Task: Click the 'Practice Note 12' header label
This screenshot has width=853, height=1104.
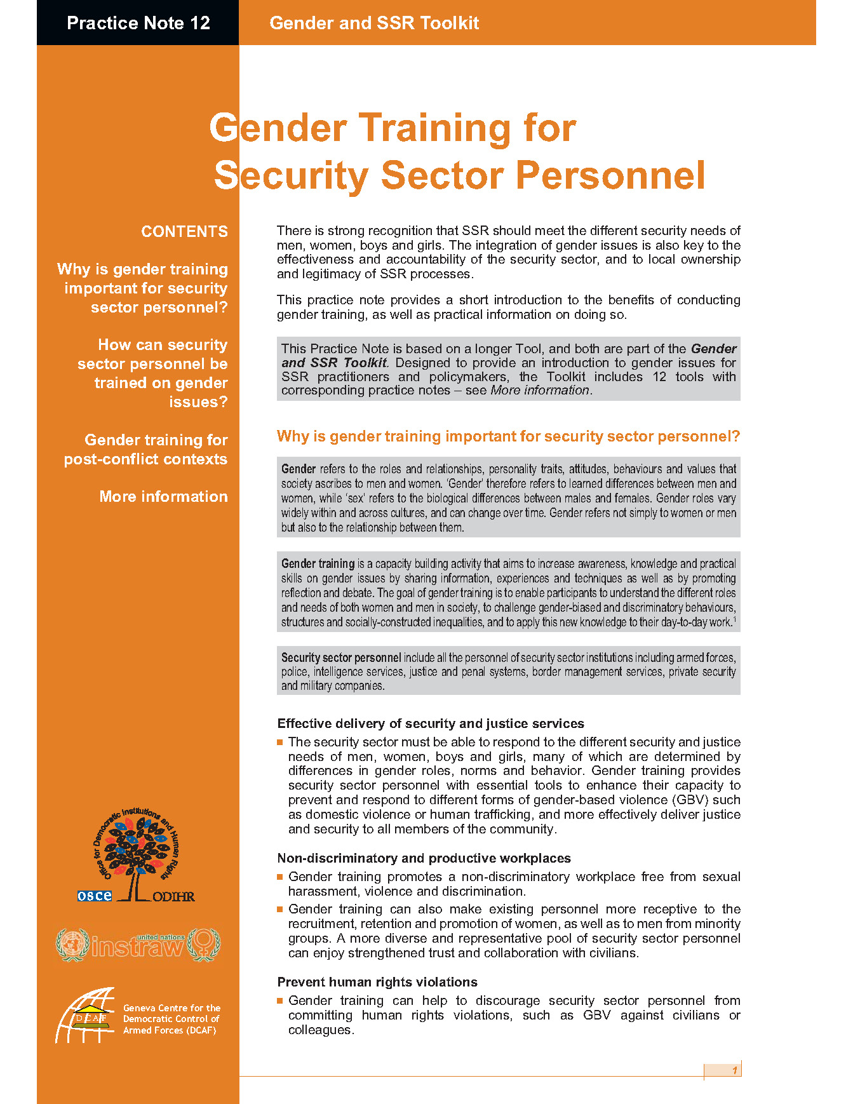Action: coord(138,24)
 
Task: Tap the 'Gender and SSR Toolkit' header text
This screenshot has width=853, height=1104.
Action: coord(374,24)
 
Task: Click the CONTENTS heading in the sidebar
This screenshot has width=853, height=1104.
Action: coord(184,232)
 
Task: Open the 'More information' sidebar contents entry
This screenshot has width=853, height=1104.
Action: coord(163,497)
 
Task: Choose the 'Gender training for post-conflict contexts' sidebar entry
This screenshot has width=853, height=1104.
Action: coord(146,450)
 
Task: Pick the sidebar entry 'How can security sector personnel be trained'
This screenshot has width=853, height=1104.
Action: coord(153,374)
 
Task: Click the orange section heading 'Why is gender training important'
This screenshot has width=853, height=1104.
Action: coord(508,436)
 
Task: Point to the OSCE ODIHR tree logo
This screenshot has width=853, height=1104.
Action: coord(137,855)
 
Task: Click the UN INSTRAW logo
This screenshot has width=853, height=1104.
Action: coord(137,945)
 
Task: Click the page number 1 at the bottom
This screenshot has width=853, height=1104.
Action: coord(734,1070)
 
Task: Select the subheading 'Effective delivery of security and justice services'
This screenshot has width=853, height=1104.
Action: coord(431,724)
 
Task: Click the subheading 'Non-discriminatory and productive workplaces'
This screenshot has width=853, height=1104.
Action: coord(424,858)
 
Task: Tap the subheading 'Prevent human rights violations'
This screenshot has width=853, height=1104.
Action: coord(377,982)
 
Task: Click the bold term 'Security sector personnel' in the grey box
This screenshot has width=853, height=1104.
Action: coord(341,657)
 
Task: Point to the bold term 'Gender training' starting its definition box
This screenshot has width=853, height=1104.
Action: coord(318,563)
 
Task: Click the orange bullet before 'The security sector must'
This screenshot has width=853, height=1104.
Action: coord(280,742)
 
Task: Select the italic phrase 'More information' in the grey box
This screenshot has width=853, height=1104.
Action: coord(540,390)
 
